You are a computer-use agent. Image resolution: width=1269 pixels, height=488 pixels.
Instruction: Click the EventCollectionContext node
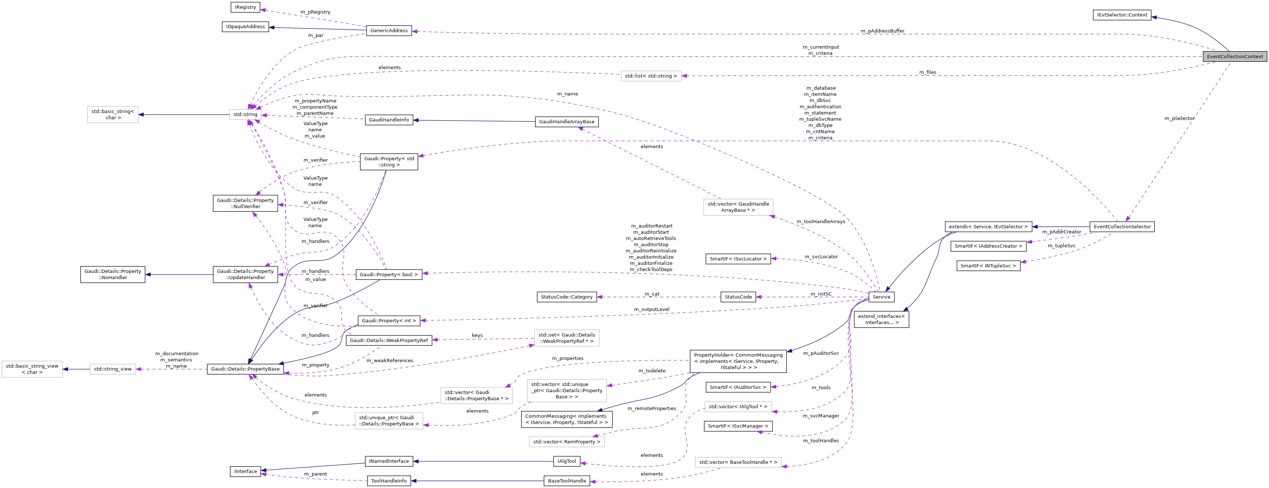click(x=1235, y=57)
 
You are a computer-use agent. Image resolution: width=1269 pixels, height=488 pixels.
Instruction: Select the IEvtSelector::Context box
click(x=1121, y=15)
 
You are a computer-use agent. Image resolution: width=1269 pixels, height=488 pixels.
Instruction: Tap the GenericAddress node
click(x=389, y=30)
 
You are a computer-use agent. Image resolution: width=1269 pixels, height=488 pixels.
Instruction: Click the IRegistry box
click(x=245, y=7)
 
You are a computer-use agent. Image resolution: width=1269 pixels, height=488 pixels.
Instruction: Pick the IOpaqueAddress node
click(x=245, y=27)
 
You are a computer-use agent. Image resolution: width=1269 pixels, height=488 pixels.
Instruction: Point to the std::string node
click(x=245, y=114)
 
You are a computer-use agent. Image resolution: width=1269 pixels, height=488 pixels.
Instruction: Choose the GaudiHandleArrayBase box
click(x=566, y=121)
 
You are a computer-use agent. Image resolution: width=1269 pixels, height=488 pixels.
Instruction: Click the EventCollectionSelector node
click(x=1122, y=226)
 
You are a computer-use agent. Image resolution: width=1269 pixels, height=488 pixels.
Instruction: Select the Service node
click(x=881, y=297)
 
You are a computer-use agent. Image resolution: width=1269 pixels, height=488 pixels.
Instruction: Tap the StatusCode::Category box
click(x=566, y=297)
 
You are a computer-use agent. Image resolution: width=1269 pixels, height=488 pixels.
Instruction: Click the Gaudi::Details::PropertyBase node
click(x=245, y=369)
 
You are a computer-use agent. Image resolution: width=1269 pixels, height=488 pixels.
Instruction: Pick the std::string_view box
click(x=113, y=369)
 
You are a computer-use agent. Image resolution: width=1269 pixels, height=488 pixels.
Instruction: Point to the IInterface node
click(x=245, y=471)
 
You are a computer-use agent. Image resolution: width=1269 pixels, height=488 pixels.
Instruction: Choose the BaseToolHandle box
click(x=566, y=481)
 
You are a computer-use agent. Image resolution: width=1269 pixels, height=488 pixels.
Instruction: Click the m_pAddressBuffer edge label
click(x=882, y=31)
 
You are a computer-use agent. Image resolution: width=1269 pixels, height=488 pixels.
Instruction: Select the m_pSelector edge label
click(x=1179, y=118)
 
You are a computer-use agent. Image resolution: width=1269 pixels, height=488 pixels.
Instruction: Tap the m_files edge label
click(x=928, y=72)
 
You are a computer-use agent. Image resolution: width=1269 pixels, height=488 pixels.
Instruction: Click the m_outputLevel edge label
click(x=651, y=309)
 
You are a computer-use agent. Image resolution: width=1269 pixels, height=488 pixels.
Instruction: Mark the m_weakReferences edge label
click(x=390, y=360)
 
